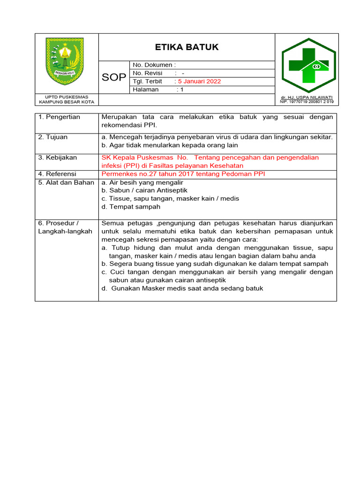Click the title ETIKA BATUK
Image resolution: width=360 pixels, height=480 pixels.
coord(187,47)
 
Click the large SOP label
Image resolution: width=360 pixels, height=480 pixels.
coord(114,77)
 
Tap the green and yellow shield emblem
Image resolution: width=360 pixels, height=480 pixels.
coord(66,61)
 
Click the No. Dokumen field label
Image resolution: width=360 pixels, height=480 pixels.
coord(154,65)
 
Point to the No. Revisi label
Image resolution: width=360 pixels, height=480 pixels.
coord(148,73)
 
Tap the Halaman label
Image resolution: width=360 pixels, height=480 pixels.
coord(146,90)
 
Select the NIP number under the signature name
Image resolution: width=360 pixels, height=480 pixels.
coord(307,102)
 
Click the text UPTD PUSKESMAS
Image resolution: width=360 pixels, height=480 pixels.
coord(66,97)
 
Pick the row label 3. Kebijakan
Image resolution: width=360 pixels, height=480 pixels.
coord(58,157)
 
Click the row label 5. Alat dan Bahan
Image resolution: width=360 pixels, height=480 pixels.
coord(66,182)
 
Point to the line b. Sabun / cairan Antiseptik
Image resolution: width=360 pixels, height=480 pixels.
coord(144,190)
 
